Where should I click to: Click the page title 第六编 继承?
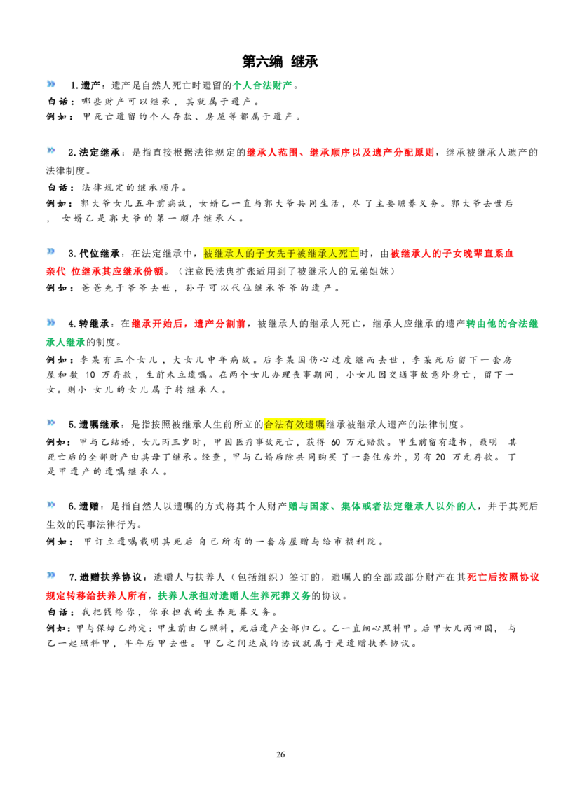coord(280,62)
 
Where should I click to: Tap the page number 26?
coord(280,754)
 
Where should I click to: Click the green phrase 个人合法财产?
coord(262,85)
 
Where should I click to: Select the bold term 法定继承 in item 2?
coord(100,152)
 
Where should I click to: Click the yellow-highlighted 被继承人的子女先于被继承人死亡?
coord(281,253)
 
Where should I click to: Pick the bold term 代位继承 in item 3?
coord(100,253)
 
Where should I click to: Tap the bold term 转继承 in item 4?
coord(94,323)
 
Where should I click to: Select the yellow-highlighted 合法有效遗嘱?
coord(295,424)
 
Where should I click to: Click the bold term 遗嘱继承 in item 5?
coord(100,424)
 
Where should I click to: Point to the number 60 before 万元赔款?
coord(336,442)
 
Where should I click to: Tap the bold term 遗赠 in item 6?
coord(89,506)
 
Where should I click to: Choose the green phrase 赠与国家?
coord(309,506)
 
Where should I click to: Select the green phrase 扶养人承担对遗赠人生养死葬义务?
coord(234,595)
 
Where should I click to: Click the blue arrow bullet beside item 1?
coord(50,84)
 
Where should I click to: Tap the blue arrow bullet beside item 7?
coord(50,575)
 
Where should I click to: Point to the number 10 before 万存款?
coord(90,375)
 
